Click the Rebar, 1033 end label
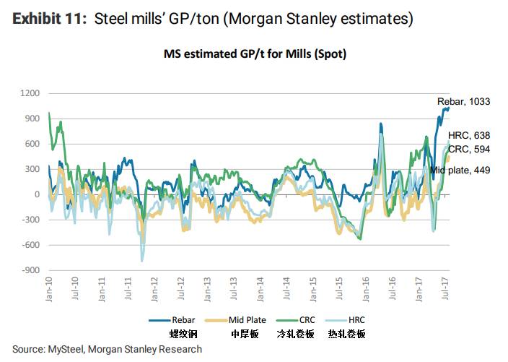(463, 102)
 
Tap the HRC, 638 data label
(469, 135)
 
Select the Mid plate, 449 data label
(460, 170)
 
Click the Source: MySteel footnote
(107, 349)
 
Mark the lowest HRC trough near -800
(142, 260)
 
